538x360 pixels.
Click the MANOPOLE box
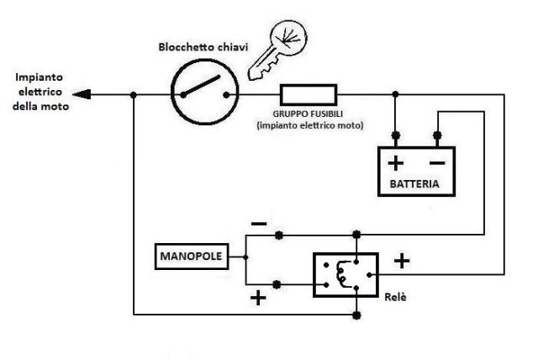(x=192, y=257)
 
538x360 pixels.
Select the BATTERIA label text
(x=414, y=184)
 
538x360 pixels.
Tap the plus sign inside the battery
(x=396, y=163)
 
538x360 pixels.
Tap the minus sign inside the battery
(x=437, y=163)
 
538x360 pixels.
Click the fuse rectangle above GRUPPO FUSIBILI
(x=309, y=95)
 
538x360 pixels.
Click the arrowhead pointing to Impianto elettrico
(x=82, y=94)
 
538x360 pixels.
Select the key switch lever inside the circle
(x=201, y=86)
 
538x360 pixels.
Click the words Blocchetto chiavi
(x=203, y=47)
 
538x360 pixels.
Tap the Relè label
(x=395, y=297)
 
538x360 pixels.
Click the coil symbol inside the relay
(x=340, y=273)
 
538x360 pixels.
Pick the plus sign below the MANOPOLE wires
(x=258, y=298)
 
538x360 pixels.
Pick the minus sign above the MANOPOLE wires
(x=259, y=224)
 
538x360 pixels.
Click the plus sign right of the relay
(x=402, y=261)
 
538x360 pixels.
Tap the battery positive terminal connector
(x=396, y=135)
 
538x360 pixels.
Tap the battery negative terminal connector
(x=437, y=135)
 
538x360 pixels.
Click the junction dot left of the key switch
(x=134, y=95)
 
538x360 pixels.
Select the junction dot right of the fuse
(x=395, y=93)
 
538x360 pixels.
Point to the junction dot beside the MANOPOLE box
(x=245, y=257)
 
